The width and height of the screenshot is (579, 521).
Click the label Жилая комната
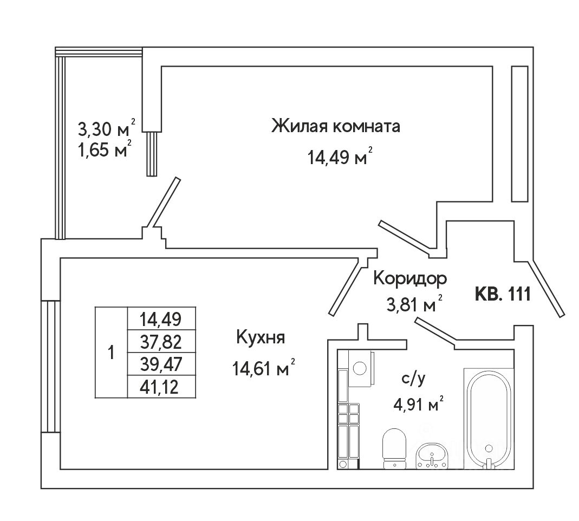tap(335, 127)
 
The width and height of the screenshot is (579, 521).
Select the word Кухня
tap(261, 338)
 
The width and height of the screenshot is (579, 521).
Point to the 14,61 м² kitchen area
tap(262, 369)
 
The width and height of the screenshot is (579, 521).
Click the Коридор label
tap(410, 278)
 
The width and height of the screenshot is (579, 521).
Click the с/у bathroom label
tap(414, 379)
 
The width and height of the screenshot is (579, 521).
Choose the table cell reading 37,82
tap(160, 341)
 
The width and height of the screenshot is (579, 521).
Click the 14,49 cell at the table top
tap(160, 318)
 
